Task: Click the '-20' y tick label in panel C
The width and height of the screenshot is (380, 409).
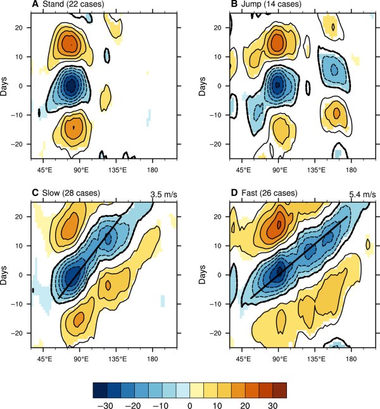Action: click(21, 332)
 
